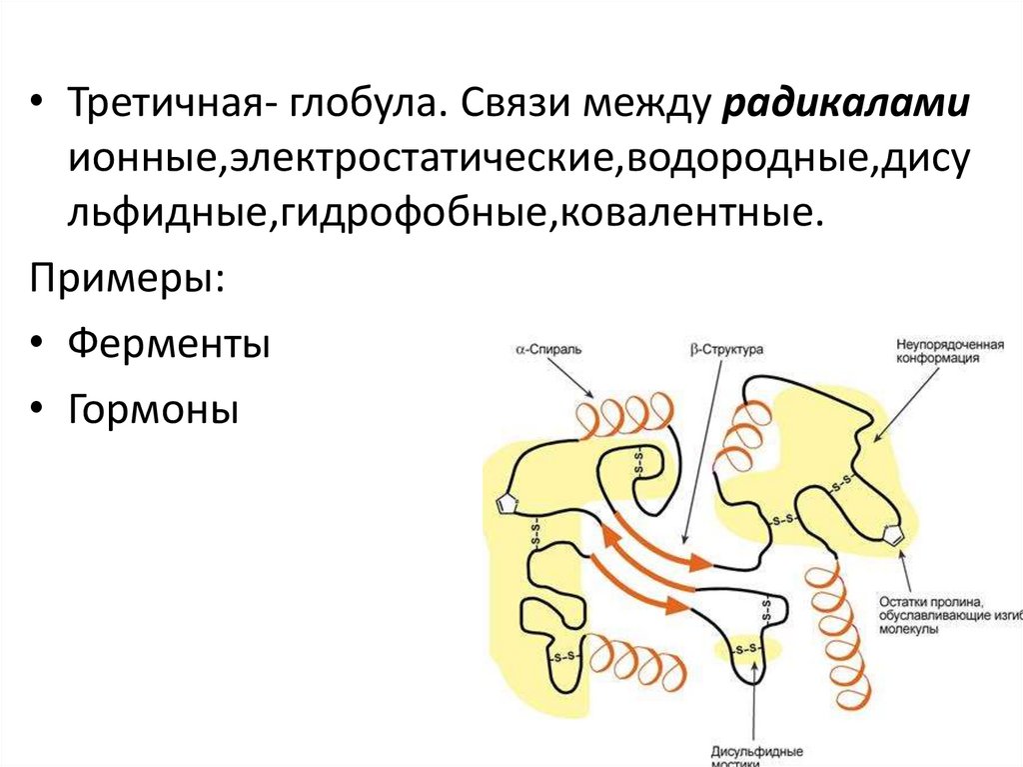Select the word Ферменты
[x=169, y=346]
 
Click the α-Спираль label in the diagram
[x=547, y=351]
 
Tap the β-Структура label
[x=726, y=351]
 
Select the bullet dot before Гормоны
[x=37, y=408]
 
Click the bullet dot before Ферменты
[x=37, y=346]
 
